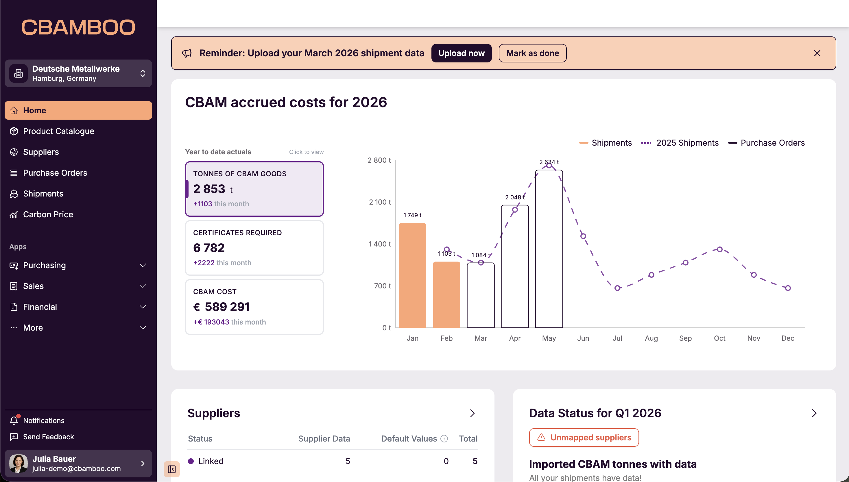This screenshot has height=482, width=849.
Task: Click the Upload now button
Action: coord(461,53)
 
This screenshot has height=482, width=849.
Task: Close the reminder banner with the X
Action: coord(817,53)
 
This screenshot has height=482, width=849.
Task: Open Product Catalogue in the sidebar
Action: coord(58,131)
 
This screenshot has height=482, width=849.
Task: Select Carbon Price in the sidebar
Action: coord(48,214)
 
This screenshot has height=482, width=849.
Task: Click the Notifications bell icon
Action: coord(14,420)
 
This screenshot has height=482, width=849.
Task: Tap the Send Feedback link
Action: coord(48,437)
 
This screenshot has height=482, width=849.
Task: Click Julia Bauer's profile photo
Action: coord(18,463)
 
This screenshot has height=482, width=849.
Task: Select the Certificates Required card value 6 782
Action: coord(209,248)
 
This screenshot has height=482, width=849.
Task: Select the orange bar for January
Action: coord(412,275)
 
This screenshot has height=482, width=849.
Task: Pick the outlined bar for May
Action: coord(549,248)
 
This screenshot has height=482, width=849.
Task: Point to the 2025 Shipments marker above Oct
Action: coord(719,249)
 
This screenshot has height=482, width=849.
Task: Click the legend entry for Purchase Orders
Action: coord(767,143)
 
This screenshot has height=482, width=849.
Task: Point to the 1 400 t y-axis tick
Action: coord(380,244)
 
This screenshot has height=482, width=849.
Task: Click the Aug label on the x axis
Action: coord(651,338)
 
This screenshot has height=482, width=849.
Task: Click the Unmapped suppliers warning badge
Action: coord(584,437)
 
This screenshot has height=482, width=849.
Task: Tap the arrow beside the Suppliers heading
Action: coord(473,413)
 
